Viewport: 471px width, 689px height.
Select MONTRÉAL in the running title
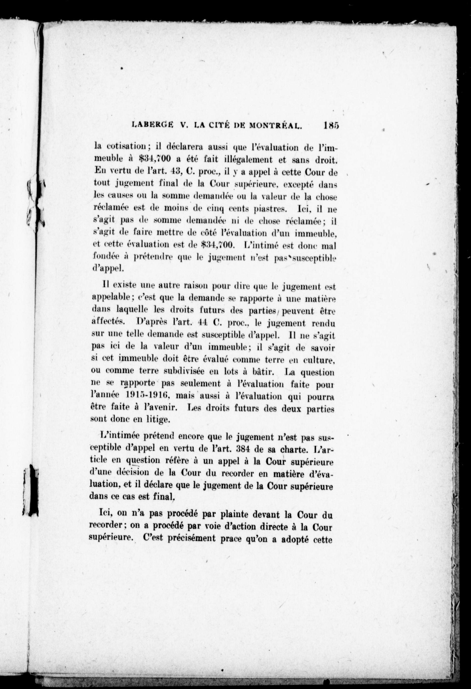[x=275, y=126]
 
